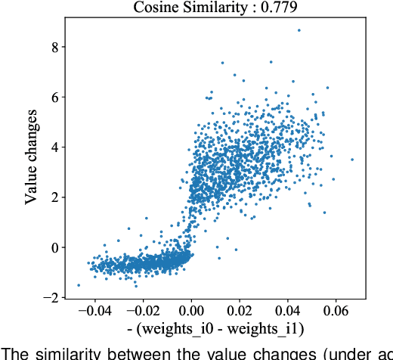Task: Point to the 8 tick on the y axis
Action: point(54,46)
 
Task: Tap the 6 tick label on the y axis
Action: point(54,97)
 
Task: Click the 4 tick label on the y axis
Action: point(54,147)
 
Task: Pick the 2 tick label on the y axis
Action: point(54,197)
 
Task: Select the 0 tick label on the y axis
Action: point(54,247)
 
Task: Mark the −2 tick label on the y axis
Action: point(51,298)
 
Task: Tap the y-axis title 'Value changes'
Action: point(32,163)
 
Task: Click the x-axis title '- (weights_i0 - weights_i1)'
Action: point(211,330)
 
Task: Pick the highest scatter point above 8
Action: point(299,30)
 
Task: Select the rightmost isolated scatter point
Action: point(352,160)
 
